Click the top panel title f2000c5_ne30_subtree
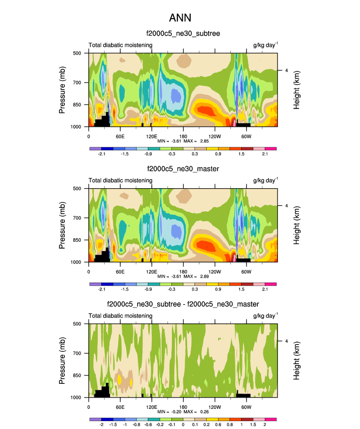click(183, 34)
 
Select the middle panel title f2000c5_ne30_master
click(183, 169)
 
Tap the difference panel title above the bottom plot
click(183, 305)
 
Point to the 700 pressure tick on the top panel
click(81, 83)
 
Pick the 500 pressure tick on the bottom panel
click(81, 324)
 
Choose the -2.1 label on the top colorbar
click(102, 154)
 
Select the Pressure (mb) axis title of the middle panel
click(62, 225)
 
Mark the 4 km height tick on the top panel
click(286, 70)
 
